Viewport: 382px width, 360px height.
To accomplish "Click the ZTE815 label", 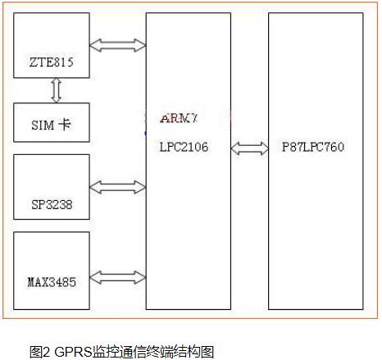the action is (x=52, y=62).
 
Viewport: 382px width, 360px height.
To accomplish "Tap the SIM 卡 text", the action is (x=51, y=125).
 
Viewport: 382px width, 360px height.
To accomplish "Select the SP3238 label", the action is (x=52, y=204).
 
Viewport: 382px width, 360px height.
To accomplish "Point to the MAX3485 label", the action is (x=52, y=282).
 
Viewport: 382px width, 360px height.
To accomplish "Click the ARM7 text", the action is (x=179, y=118).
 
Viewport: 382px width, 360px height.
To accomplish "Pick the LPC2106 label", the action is (x=184, y=147).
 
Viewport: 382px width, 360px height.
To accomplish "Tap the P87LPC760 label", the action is (x=313, y=147).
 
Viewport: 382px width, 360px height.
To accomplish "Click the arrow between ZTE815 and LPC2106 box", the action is (x=118, y=45).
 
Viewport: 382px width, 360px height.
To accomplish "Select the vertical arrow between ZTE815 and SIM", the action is (x=56, y=90).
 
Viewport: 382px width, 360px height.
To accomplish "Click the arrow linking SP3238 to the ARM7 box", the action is (x=118, y=187).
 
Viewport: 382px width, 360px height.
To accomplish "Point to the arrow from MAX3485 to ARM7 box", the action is (x=118, y=277).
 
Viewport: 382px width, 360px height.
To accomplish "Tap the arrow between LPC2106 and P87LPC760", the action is (x=250, y=148).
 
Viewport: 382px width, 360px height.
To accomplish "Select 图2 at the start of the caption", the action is (x=40, y=352).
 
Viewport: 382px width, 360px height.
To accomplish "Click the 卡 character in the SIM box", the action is (x=65, y=125).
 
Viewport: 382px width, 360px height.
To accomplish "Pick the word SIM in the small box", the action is (x=43, y=125).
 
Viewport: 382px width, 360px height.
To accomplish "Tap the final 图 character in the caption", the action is (x=207, y=352).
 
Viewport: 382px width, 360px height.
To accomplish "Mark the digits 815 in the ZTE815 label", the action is (x=63, y=62).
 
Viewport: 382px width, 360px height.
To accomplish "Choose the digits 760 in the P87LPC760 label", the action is (x=334, y=147).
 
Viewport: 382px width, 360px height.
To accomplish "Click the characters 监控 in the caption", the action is (x=106, y=352).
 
